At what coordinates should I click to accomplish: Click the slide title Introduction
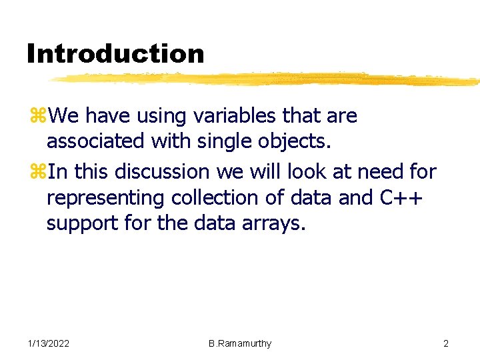(115, 53)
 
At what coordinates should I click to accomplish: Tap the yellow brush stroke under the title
(267, 79)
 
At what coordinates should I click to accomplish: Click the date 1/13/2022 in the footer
(49, 343)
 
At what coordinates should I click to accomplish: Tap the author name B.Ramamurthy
(240, 343)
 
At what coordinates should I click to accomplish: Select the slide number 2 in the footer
(446, 343)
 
